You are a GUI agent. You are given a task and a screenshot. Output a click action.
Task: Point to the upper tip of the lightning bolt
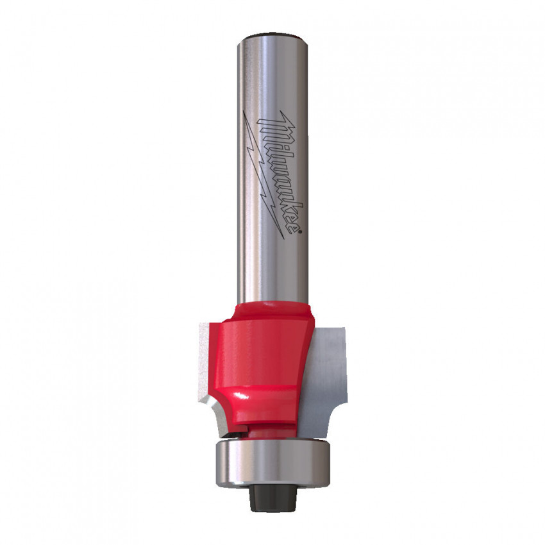243,111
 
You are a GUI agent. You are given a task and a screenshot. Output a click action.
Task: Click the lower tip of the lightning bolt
283,239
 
